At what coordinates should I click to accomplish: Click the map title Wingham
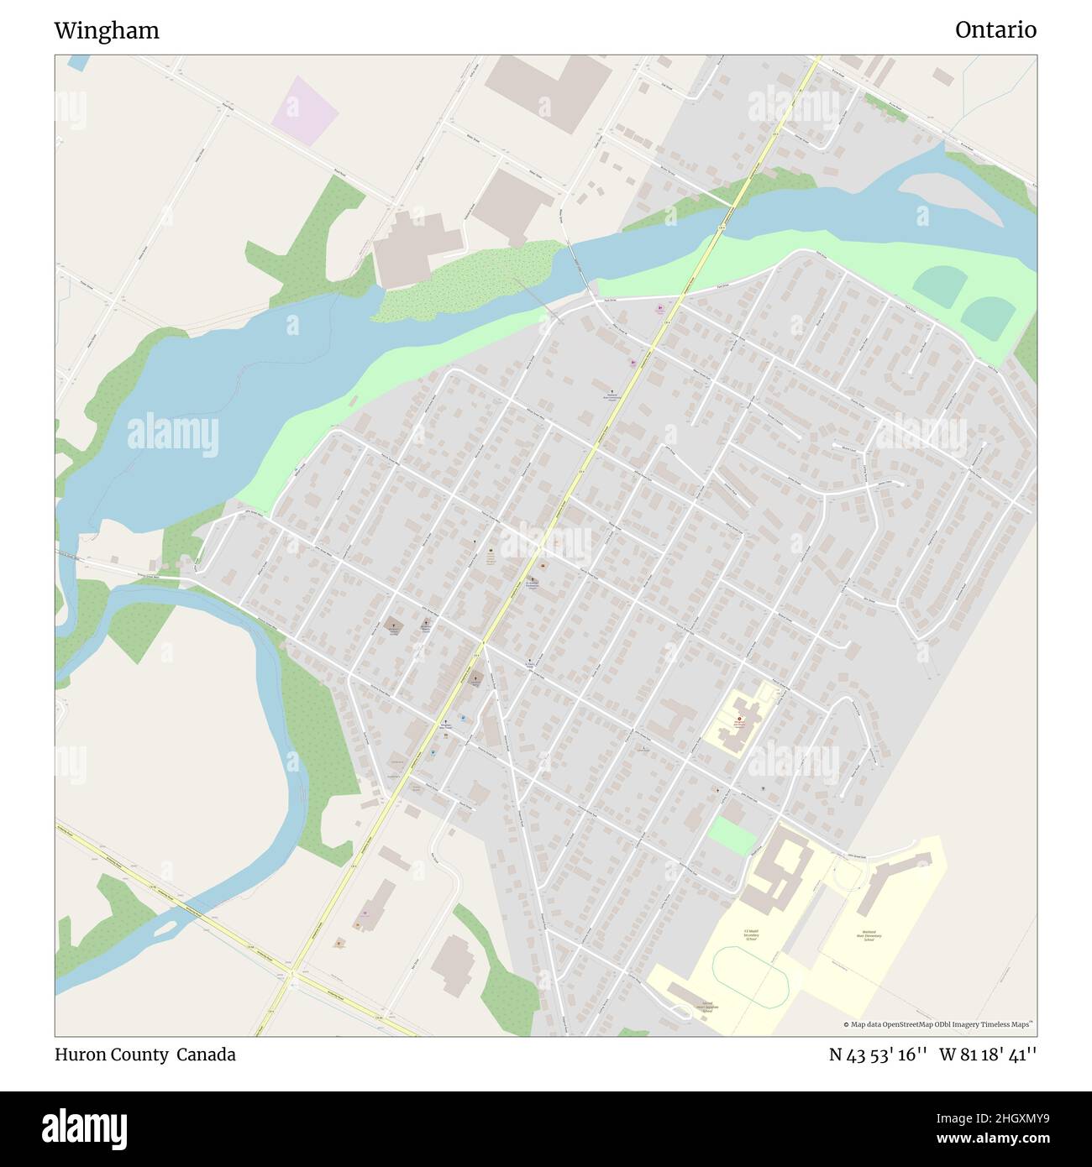click(107, 31)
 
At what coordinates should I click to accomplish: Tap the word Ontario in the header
click(995, 30)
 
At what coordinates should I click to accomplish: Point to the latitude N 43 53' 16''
click(878, 1054)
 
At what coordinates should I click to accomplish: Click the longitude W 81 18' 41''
click(988, 1054)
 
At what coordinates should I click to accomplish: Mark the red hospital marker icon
click(739, 720)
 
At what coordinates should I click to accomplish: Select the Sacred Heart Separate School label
click(706, 1007)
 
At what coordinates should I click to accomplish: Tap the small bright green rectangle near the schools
click(732, 835)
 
